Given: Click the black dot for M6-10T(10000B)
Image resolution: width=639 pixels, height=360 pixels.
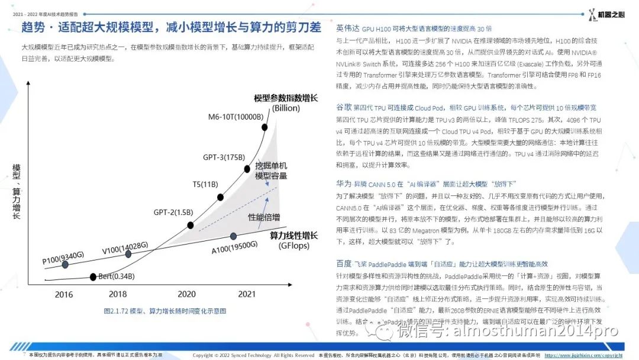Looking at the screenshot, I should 264,127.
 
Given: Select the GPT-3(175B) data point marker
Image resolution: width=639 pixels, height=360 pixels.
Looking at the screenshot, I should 247,169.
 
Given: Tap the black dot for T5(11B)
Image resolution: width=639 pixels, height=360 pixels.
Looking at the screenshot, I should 220,197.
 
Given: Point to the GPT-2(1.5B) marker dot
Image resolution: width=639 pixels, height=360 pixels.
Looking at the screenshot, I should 191,225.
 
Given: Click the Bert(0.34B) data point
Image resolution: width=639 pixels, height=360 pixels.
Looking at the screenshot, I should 93,277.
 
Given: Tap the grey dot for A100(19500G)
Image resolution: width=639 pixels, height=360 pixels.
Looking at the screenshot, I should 234,236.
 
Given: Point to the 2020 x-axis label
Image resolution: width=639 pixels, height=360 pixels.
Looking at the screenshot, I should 186,294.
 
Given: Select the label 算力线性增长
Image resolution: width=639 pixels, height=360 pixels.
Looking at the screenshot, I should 293,235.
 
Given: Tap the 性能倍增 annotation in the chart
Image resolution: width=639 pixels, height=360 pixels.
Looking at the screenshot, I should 264,217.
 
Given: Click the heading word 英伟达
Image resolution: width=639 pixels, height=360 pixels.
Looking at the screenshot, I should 347,28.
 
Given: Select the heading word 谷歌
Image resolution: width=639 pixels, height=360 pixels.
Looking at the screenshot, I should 343,107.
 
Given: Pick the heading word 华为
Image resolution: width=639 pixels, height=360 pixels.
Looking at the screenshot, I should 343,184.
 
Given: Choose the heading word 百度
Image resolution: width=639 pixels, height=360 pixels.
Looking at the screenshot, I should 343,263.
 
